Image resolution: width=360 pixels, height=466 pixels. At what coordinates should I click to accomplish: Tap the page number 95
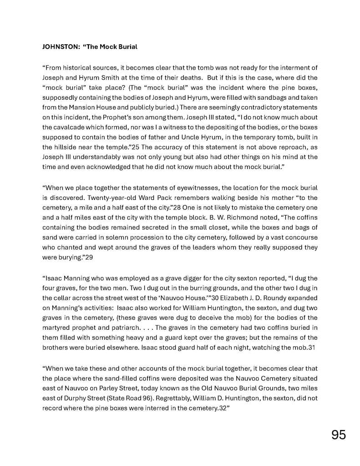[338, 435]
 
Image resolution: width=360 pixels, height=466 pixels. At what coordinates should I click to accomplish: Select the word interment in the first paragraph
[291, 68]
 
